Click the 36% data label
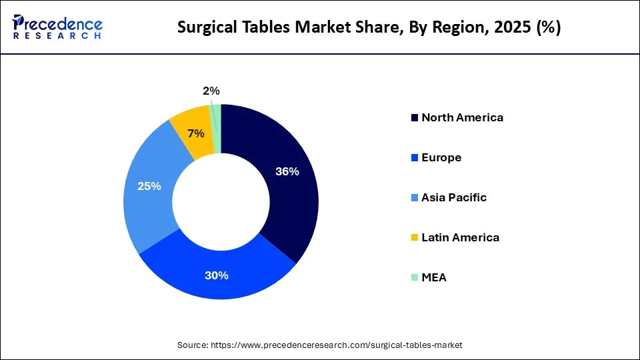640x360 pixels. coord(287,171)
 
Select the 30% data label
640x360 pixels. coord(217,275)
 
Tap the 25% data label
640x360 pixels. coord(149,186)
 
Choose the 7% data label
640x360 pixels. coord(196,133)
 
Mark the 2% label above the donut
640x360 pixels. coord(211,91)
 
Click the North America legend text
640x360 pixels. coord(462,117)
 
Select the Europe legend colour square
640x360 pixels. coord(415,158)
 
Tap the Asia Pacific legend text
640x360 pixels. coord(453,197)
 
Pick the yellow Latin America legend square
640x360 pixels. coord(415,238)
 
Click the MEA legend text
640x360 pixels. coord(434,277)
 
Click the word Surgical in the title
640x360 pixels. coord(203,27)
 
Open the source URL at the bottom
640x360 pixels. coord(336,345)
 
